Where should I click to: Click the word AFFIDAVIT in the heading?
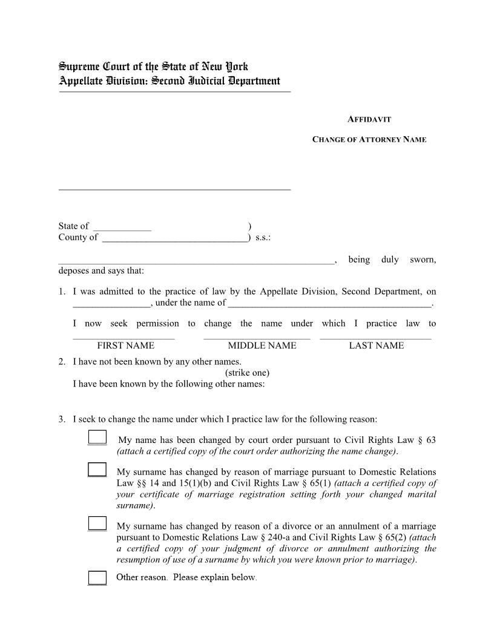click(x=369, y=120)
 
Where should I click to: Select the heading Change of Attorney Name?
click(x=369, y=140)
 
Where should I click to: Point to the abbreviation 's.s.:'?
click(x=263, y=238)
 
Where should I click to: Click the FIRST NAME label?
click(x=125, y=346)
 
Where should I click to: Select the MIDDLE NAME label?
click(x=262, y=346)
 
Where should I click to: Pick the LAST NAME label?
click(x=376, y=346)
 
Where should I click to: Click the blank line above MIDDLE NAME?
click(x=257, y=337)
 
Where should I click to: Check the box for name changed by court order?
click(x=97, y=438)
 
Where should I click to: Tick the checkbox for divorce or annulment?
click(x=97, y=524)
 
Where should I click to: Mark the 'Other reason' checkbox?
click(x=97, y=578)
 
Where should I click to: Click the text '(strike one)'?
click(x=247, y=373)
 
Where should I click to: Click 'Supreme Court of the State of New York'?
click(x=153, y=67)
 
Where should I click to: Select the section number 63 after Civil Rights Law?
click(x=430, y=440)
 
